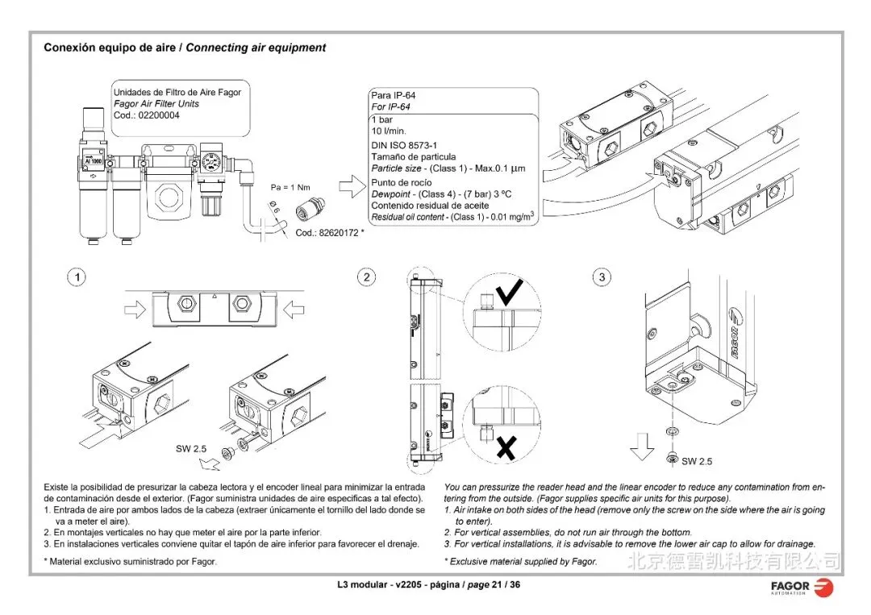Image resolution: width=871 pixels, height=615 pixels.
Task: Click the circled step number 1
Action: (x=77, y=277)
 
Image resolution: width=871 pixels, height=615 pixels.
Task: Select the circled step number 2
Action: (x=367, y=277)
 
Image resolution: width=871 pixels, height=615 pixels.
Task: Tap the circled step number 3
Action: (x=602, y=277)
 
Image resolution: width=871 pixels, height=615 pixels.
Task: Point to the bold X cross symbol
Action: (x=506, y=448)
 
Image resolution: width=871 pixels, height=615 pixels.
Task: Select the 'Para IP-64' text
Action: (x=393, y=96)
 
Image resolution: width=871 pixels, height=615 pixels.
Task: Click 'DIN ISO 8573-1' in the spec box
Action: (x=404, y=145)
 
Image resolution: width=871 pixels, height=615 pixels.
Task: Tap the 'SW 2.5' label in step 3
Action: (x=697, y=461)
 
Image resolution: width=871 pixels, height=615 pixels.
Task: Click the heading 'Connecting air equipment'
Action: (x=256, y=48)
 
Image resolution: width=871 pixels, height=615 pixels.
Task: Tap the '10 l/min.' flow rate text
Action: (x=389, y=131)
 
